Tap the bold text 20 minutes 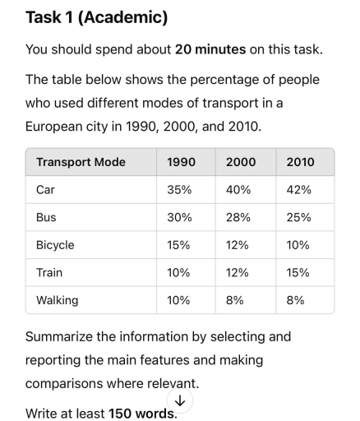pyautogui.click(x=210, y=50)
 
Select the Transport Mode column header pyautogui.click(x=81, y=162)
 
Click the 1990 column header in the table pyautogui.click(x=181, y=162)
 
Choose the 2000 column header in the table pyautogui.click(x=241, y=162)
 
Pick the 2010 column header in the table pyautogui.click(x=300, y=162)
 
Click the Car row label pyautogui.click(x=45, y=190)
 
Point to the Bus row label pyautogui.click(x=46, y=217)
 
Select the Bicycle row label pyautogui.click(x=55, y=245)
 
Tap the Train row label pyautogui.click(x=49, y=272)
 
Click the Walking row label pyautogui.click(x=57, y=300)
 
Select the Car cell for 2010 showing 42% pyautogui.click(x=299, y=190)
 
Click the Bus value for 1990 pyautogui.click(x=179, y=217)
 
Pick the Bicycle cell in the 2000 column pyautogui.click(x=239, y=245)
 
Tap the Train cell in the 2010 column pyautogui.click(x=298, y=272)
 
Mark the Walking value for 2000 pyautogui.click(x=235, y=300)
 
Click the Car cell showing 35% pyautogui.click(x=179, y=190)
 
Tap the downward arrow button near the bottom pyautogui.click(x=179, y=400)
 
